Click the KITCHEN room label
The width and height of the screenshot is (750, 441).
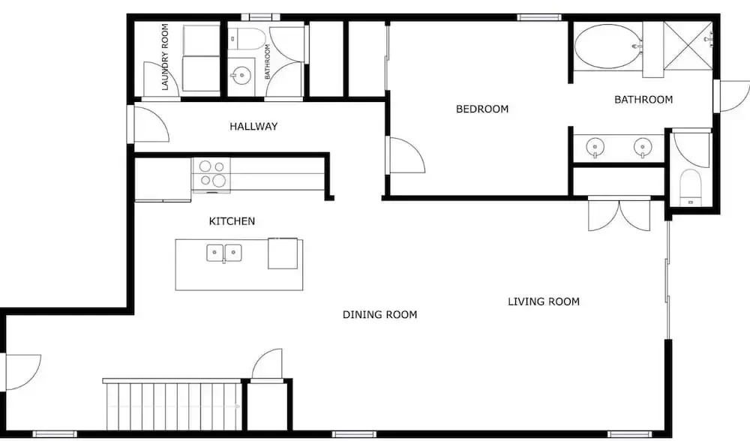click(232, 221)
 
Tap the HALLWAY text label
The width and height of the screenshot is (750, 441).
click(253, 126)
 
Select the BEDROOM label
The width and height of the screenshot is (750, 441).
click(482, 109)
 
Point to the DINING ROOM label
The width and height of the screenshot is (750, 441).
click(379, 314)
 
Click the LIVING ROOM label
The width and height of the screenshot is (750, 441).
click(544, 301)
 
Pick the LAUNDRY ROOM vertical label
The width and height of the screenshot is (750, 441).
click(165, 57)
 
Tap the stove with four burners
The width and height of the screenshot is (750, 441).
click(211, 175)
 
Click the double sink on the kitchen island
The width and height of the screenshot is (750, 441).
click(223, 253)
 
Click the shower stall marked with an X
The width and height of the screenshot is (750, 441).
click(688, 46)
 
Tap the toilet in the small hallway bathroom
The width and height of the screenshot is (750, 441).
click(246, 39)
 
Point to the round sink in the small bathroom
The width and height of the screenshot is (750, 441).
click(241, 76)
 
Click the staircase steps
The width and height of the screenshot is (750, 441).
click(172, 406)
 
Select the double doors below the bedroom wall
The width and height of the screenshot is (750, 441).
click(619, 214)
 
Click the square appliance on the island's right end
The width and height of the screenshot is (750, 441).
click(283, 253)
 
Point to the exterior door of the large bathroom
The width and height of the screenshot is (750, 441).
click(732, 96)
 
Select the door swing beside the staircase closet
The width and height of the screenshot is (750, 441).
click(267, 366)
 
